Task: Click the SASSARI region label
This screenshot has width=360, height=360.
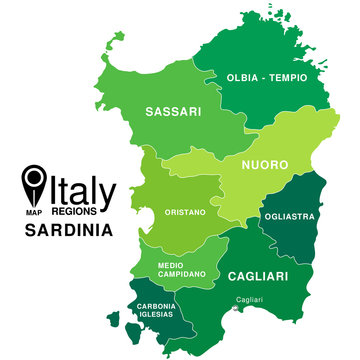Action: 174,111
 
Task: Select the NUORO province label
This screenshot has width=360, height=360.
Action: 264,163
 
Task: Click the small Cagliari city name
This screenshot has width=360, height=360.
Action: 250,299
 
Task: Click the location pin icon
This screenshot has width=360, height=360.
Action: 35,182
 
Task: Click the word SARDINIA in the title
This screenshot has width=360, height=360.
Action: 68,232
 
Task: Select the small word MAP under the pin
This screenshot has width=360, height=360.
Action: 35,212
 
